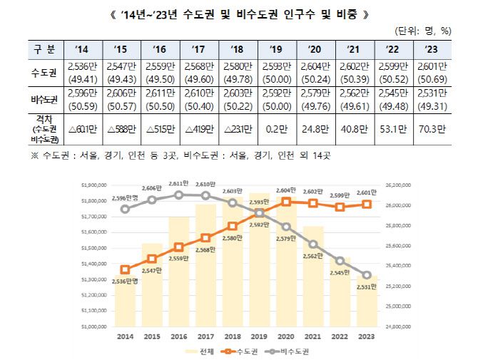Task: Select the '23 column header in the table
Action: (430, 48)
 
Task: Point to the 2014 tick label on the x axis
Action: (125, 336)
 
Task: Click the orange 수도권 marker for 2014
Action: (126, 269)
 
